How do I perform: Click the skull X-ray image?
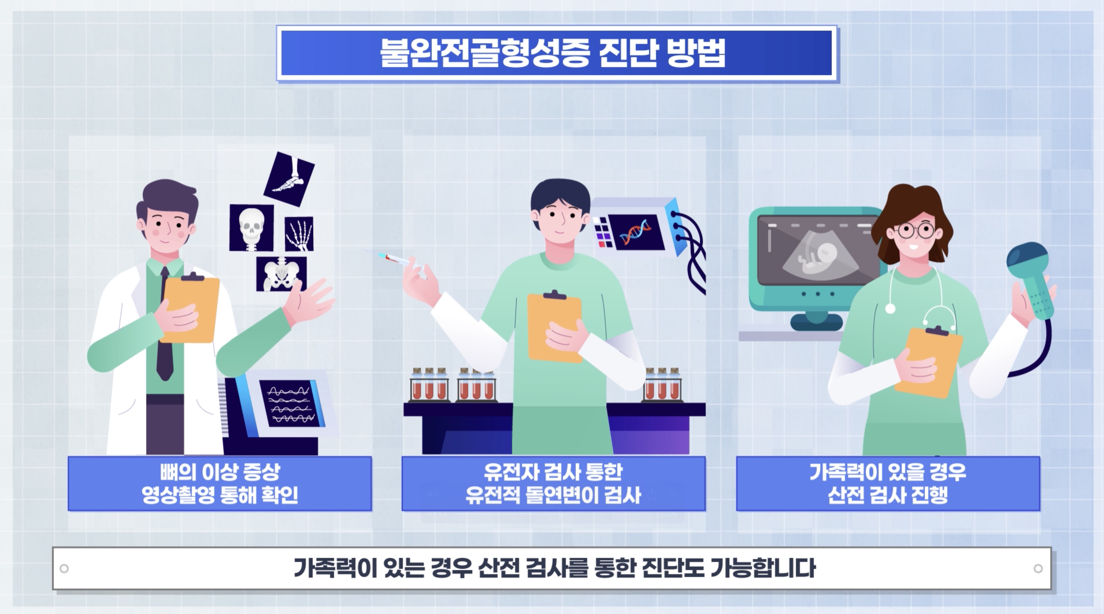pos(251,228)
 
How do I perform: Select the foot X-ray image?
pos(289,179)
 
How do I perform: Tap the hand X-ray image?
pos(299,234)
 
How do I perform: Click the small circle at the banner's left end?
pos(64,569)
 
